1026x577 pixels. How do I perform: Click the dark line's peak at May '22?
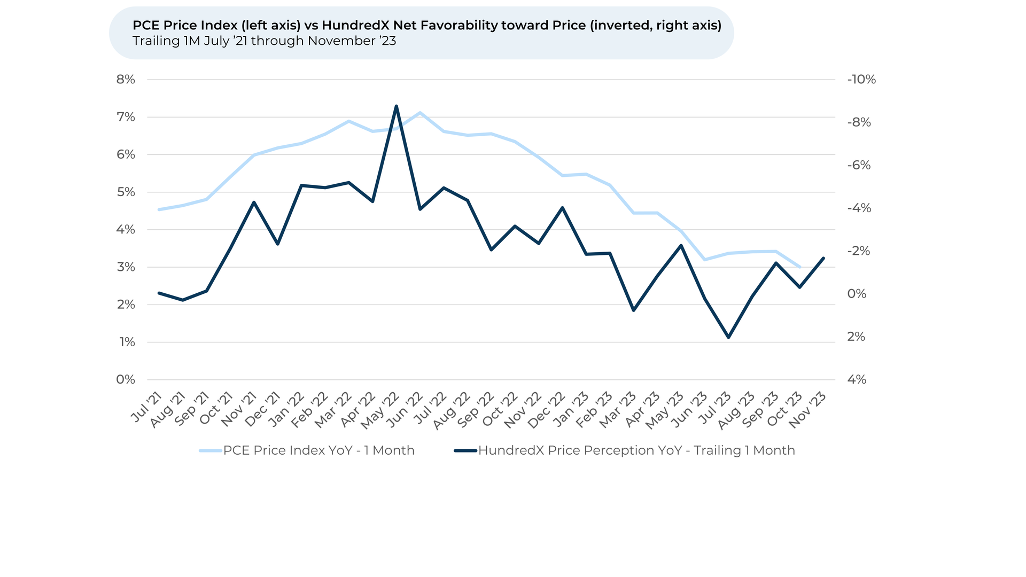click(396, 106)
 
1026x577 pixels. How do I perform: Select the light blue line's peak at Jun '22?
click(420, 113)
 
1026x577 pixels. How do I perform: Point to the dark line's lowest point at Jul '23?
click(728, 337)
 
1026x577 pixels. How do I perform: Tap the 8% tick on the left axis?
click(126, 80)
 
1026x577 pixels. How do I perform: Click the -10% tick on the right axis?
click(861, 80)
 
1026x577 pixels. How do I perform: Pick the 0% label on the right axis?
click(857, 294)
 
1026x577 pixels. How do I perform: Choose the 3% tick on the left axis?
click(126, 267)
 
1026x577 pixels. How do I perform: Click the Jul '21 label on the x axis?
click(146, 407)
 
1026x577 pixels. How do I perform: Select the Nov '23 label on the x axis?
click(807, 410)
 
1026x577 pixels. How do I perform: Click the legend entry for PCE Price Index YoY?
click(318, 450)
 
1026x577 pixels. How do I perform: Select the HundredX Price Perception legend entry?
click(636, 450)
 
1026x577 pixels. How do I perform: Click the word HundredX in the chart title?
click(355, 25)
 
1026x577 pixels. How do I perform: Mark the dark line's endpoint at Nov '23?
click(823, 258)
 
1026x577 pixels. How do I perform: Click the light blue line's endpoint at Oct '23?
click(800, 267)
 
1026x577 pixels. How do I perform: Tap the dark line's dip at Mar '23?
click(634, 310)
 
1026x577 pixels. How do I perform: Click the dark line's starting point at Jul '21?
click(159, 293)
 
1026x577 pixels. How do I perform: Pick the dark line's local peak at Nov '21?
click(254, 202)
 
